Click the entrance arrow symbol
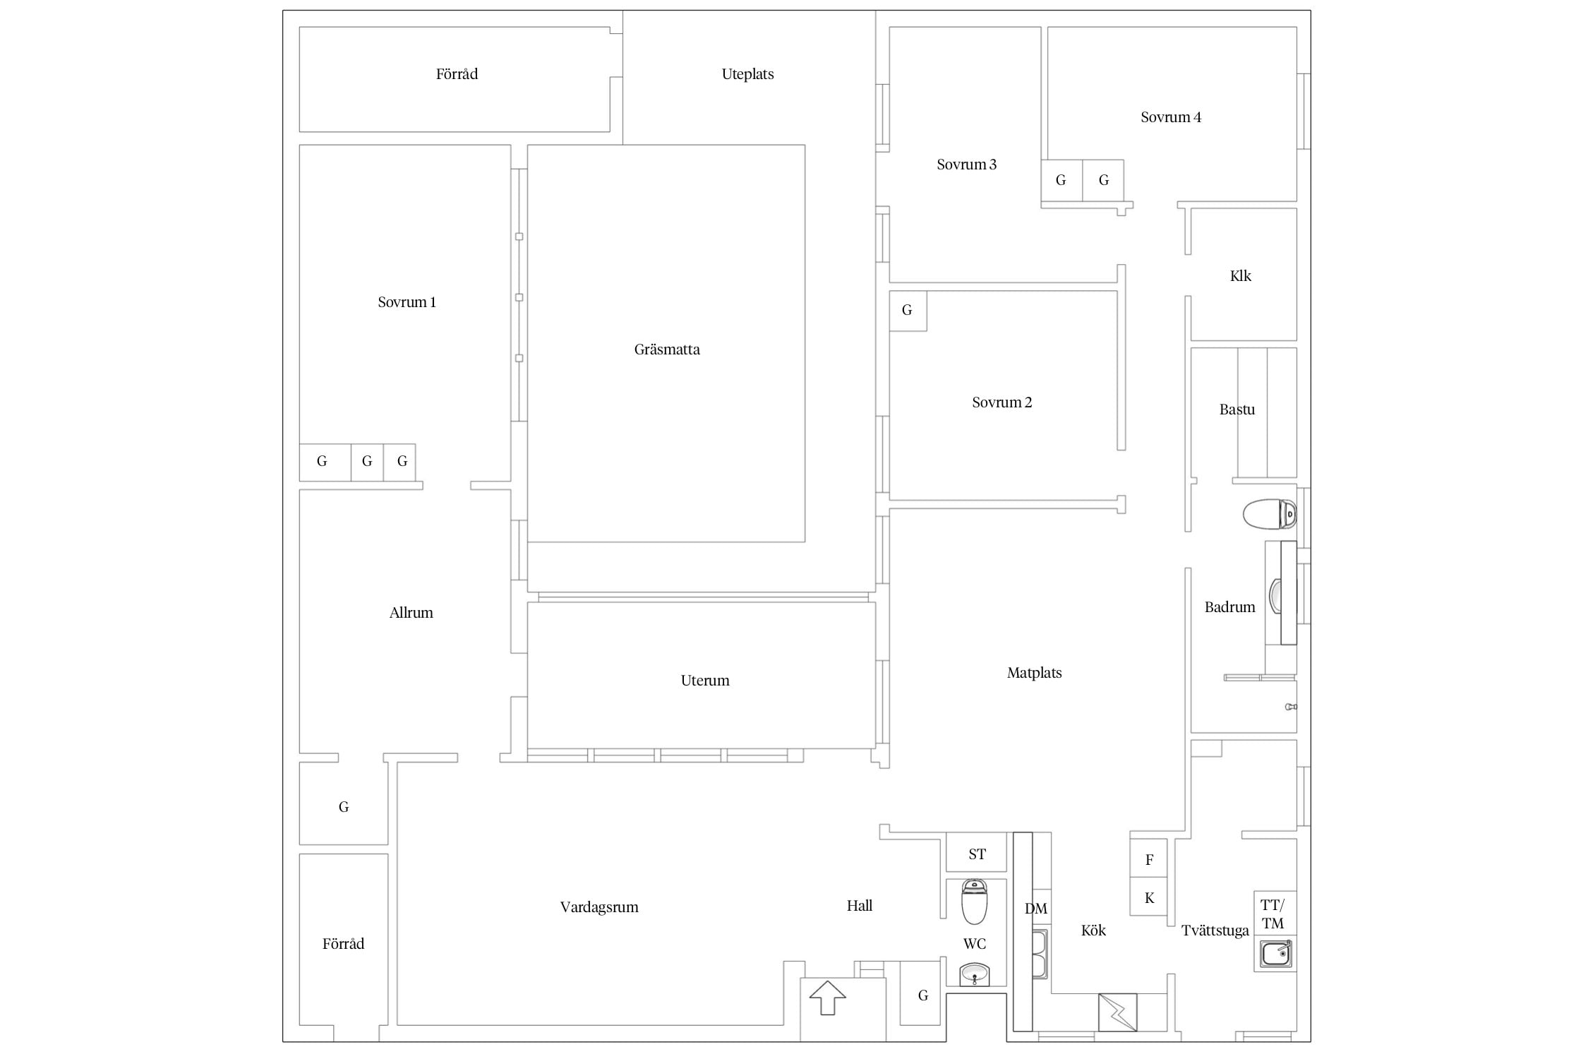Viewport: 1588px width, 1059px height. pos(827,998)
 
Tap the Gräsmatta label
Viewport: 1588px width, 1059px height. pos(667,349)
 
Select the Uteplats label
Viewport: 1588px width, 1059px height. pos(747,74)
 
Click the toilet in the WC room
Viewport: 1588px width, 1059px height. pos(974,902)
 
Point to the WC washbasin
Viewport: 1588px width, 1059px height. pos(975,975)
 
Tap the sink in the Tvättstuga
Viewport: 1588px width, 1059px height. pos(1276,954)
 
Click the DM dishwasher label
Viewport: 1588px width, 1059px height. pos(1036,909)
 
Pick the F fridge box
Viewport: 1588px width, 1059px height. pos(1149,858)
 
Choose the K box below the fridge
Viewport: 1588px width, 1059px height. pos(1149,897)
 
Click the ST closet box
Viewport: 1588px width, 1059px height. pos(977,854)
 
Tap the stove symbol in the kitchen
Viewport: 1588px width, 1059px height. pos(1118,1012)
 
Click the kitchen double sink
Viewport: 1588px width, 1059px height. pos(1040,954)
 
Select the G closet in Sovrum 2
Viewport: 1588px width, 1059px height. pos(908,311)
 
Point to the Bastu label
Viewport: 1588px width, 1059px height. pos(1237,409)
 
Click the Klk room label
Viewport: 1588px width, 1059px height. pos(1241,276)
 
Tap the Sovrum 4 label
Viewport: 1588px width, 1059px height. pos(1171,117)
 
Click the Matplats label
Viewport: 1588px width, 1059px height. pos(1034,673)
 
